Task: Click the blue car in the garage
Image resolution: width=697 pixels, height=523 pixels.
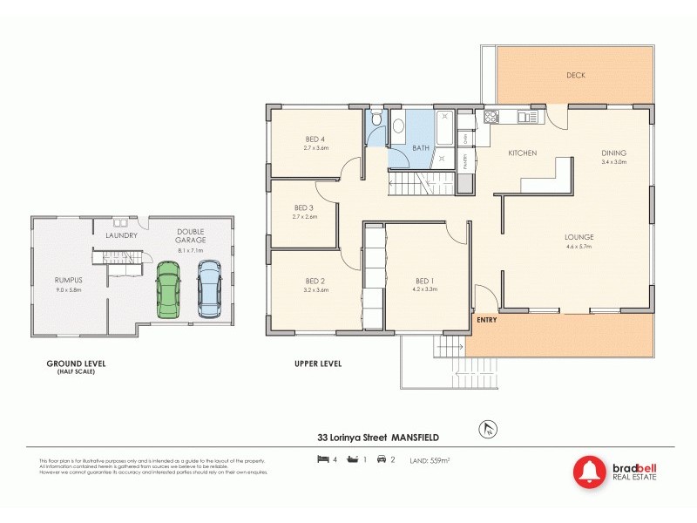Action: tap(209, 289)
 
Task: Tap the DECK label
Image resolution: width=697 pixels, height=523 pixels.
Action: tap(575, 75)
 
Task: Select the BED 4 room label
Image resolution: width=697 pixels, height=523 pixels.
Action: tap(315, 139)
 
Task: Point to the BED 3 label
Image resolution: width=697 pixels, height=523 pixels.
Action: tap(304, 207)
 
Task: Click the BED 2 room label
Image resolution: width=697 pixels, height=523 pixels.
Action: tap(315, 281)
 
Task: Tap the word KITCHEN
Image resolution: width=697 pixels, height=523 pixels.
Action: tap(522, 153)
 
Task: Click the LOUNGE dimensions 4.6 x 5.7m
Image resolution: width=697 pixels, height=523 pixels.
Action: tap(579, 247)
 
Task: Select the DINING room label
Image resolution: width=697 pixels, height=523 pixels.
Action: tap(613, 153)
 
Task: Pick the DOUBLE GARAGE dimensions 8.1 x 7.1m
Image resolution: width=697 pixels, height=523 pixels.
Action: tap(190, 250)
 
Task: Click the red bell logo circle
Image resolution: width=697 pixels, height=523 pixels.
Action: tap(590, 472)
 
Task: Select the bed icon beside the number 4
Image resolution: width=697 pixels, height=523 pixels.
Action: tap(322, 458)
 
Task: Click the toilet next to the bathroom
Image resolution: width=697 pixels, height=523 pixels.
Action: tap(375, 121)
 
